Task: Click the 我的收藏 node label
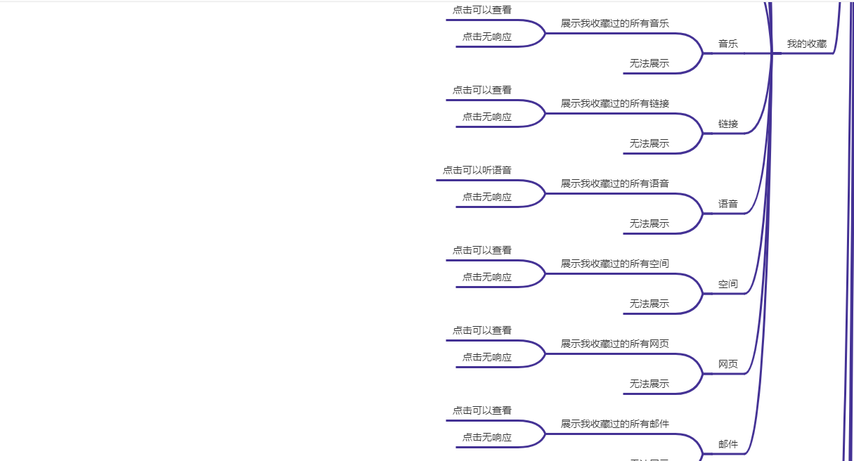pyautogui.click(x=806, y=44)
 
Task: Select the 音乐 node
pyautogui.click(x=727, y=44)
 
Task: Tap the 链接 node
pyautogui.click(x=727, y=124)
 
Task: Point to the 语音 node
pyautogui.click(x=727, y=204)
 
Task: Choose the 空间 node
pyautogui.click(x=727, y=284)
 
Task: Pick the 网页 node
pyautogui.click(x=727, y=364)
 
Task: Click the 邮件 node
pyautogui.click(x=727, y=444)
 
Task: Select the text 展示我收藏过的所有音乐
pyautogui.click(x=614, y=23)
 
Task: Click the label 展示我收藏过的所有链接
pyautogui.click(x=614, y=103)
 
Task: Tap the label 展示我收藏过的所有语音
pyautogui.click(x=614, y=183)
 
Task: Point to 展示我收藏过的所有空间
pyautogui.click(x=614, y=264)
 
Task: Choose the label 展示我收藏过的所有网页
pyautogui.click(x=614, y=344)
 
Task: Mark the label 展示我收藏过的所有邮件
pyautogui.click(x=614, y=424)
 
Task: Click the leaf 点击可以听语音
pyautogui.click(x=477, y=170)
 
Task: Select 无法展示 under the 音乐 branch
pyautogui.click(x=649, y=63)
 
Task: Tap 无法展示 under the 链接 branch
pyautogui.click(x=649, y=143)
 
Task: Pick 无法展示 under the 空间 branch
pyautogui.click(x=649, y=304)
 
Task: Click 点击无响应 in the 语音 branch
pyautogui.click(x=486, y=197)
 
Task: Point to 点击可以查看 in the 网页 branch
pyautogui.click(x=481, y=330)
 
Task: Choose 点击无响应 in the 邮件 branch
pyautogui.click(x=486, y=437)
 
